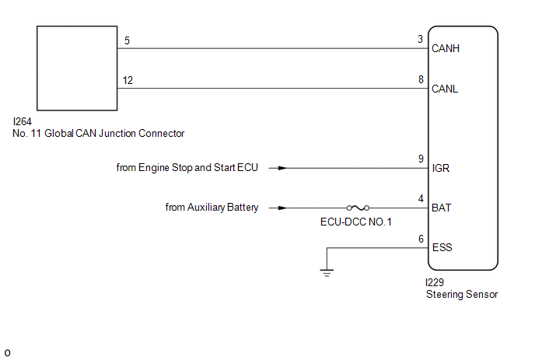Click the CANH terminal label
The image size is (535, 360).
click(446, 49)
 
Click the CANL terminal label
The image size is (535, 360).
click(445, 89)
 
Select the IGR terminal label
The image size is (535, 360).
click(440, 167)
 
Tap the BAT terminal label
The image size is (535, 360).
click(441, 208)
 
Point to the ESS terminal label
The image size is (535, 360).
click(441, 247)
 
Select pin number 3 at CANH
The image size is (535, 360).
click(420, 39)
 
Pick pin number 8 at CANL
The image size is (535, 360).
click(420, 79)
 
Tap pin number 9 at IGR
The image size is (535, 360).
click(420, 158)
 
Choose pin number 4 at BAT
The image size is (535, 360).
click(420, 198)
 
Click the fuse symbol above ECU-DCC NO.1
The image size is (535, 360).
click(358, 208)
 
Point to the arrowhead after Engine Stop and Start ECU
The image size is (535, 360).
click(282, 168)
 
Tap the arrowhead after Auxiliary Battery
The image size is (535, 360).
click(282, 208)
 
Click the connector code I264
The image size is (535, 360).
click(22, 121)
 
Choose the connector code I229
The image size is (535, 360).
click(435, 282)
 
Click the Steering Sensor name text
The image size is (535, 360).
click(462, 294)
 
